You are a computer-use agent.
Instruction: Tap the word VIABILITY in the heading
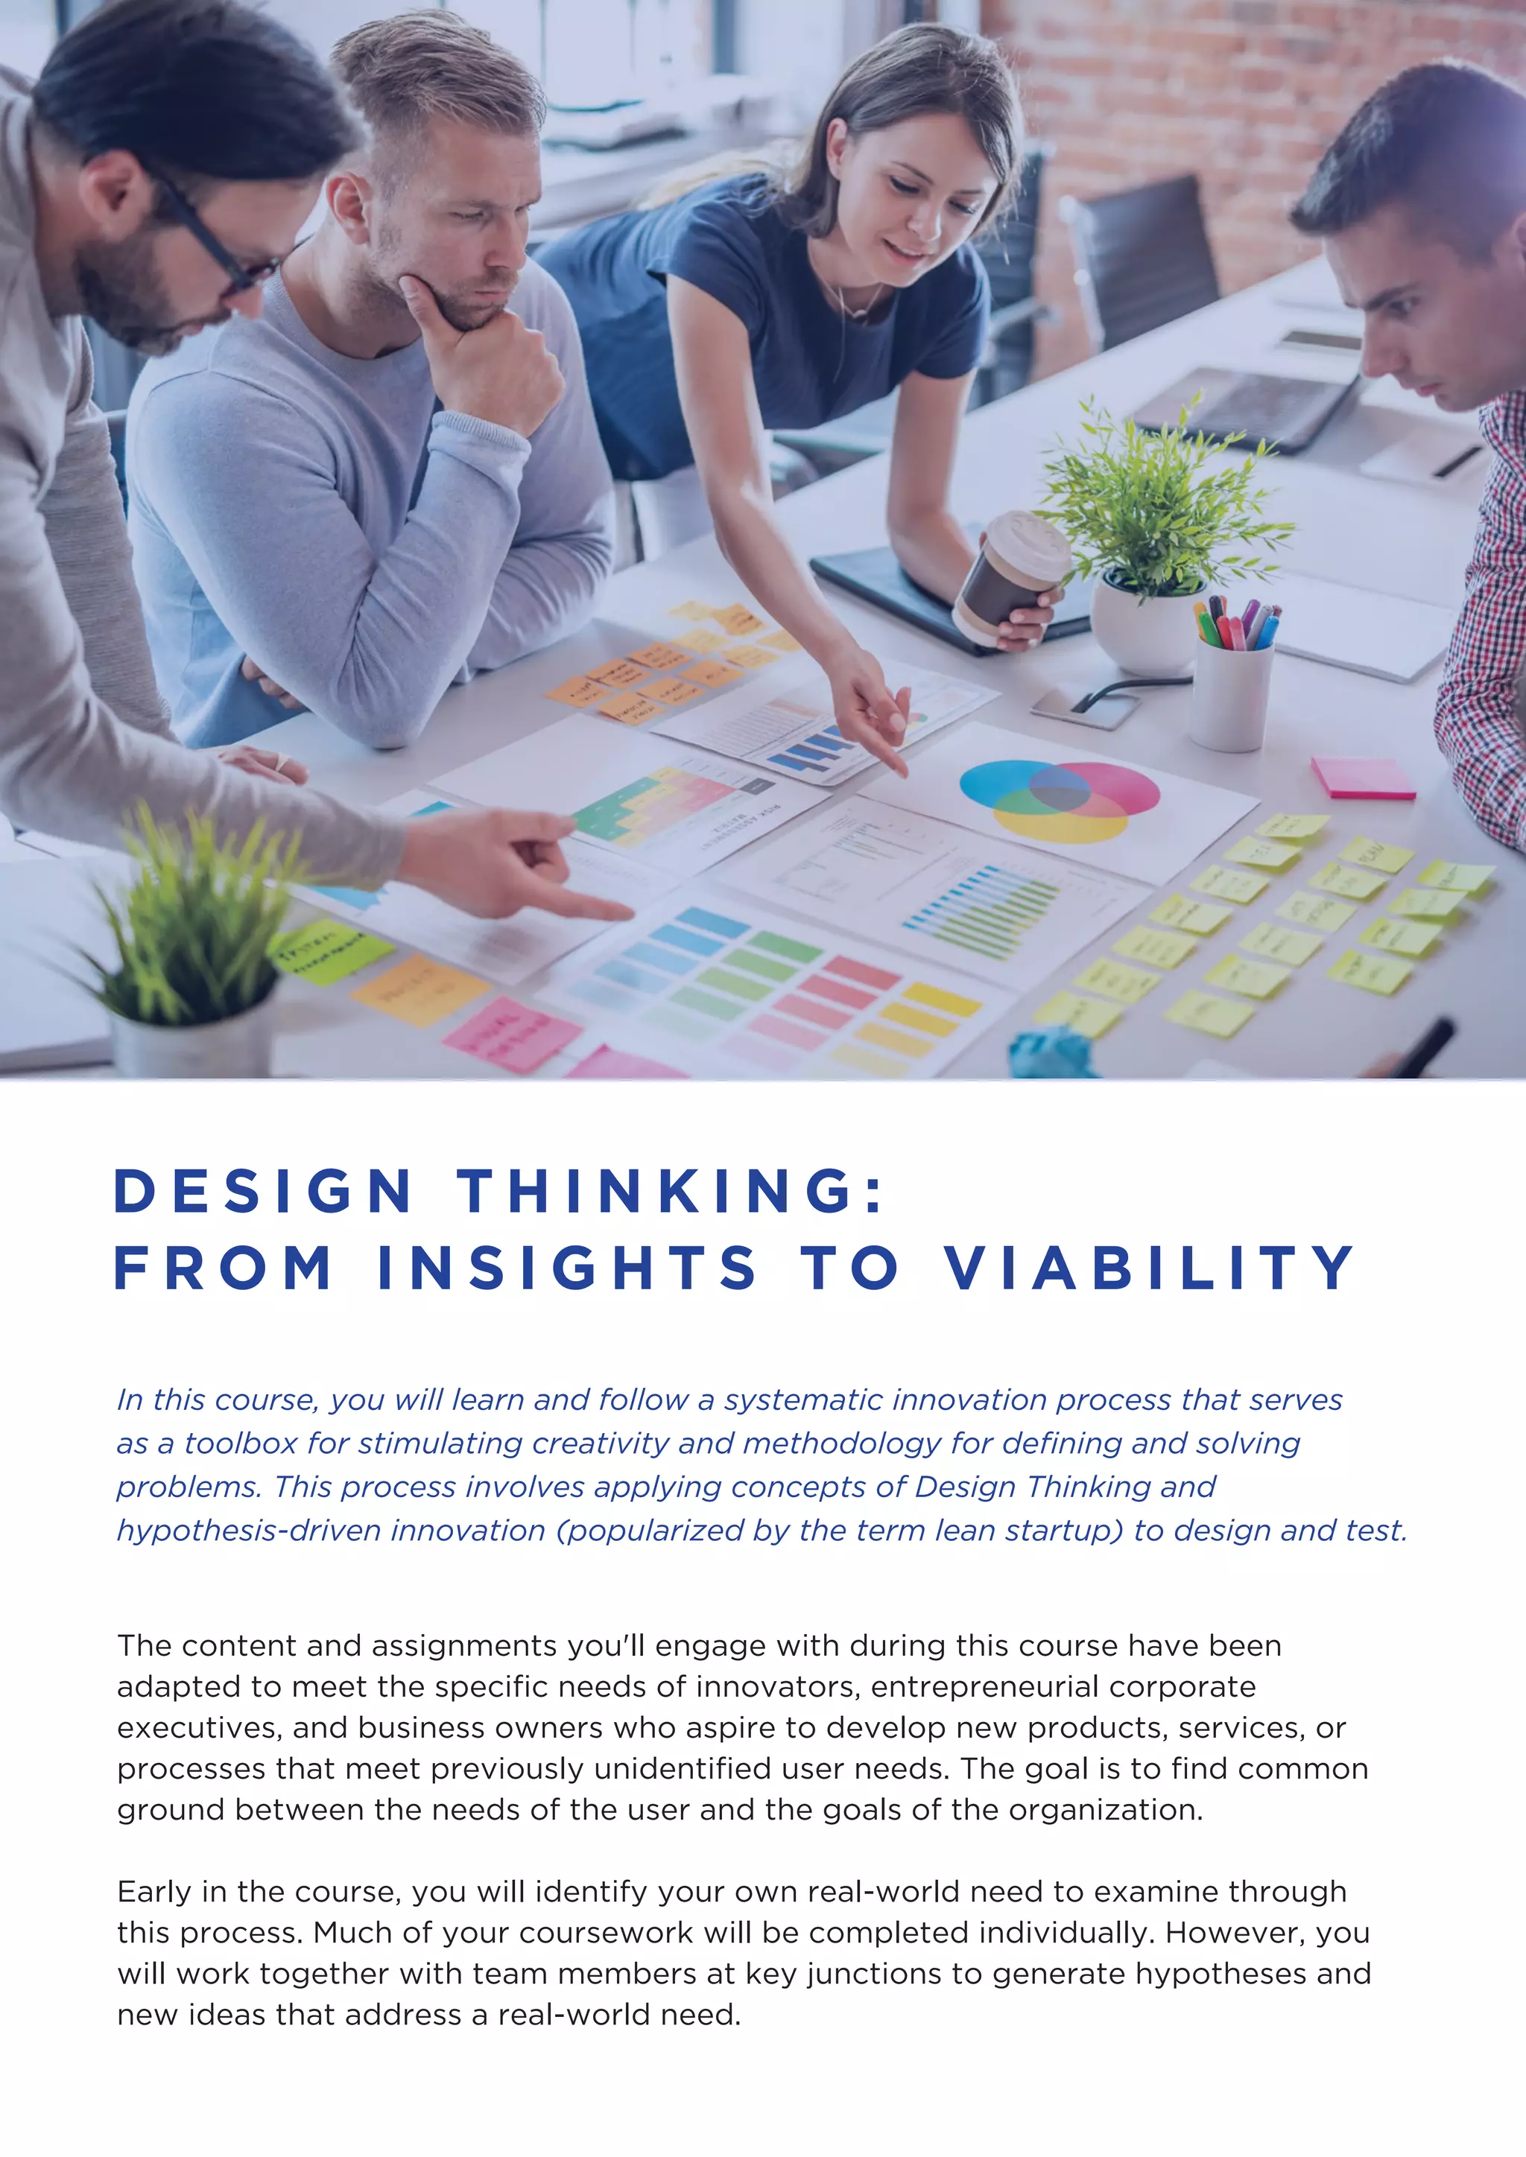click(x=1148, y=1268)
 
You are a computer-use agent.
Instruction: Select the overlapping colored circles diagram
click(x=1059, y=799)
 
